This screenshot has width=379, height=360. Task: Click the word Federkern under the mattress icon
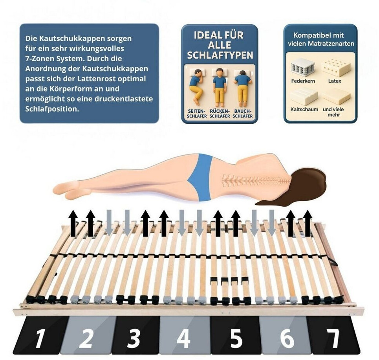pos(303,81)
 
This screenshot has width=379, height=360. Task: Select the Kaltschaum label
pos(304,109)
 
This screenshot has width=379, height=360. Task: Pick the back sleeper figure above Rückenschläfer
pos(219,87)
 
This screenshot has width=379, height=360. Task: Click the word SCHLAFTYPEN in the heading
pos(220,55)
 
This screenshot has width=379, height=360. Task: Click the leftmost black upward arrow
pos(73,223)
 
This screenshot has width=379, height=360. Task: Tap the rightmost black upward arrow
pos(307,223)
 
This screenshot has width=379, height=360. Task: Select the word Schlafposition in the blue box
pos(52,109)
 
